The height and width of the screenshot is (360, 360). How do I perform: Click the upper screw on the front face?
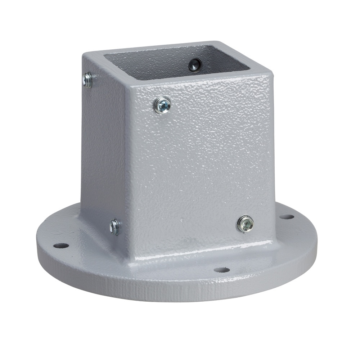(x=162, y=105)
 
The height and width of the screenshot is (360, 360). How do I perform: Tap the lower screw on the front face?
(x=245, y=224)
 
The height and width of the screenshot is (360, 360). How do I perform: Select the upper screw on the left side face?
(x=87, y=80)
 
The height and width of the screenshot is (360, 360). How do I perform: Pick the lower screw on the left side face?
(x=115, y=227)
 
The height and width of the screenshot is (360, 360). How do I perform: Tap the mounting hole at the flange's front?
(x=221, y=270)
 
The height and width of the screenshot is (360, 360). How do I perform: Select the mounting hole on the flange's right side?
(x=287, y=217)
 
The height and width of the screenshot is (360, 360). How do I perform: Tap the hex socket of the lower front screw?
(x=246, y=224)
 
